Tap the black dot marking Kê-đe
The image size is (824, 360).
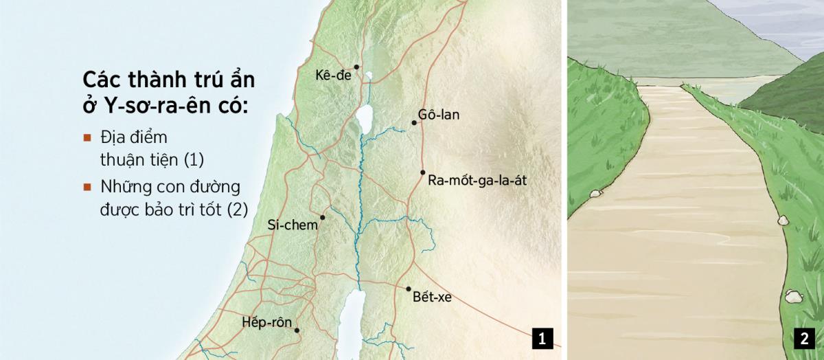pyautogui.click(x=357, y=67)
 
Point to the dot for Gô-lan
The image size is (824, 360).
pyautogui.click(x=414, y=123)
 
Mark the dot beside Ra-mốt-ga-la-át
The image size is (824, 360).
pyautogui.click(x=423, y=172)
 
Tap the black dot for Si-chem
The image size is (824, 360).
pyautogui.click(x=322, y=217)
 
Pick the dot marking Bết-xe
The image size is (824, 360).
pyautogui.click(x=409, y=289)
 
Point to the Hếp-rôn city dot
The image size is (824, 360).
pyautogui.click(x=297, y=330)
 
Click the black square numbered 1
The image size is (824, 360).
pyautogui.click(x=542, y=339)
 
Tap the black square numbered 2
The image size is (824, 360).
pyautogui.click(x=803, y=339)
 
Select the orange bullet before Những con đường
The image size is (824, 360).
pyautogui.click(x=87, y=187)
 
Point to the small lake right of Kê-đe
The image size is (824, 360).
pyautogui.click(x=369, y=76)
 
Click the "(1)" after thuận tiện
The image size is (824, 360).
pyautogui.click(x=194, y=160)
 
